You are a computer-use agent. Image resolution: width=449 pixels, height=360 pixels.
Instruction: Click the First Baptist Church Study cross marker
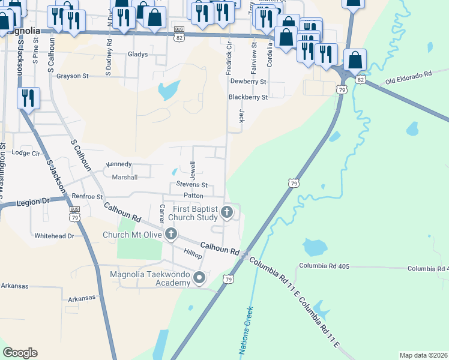tap(227, 212)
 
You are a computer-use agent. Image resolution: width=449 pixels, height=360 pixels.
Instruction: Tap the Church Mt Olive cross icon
tap(171, 234)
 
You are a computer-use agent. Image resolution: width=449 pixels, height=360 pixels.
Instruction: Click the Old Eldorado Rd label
tap(409, 76)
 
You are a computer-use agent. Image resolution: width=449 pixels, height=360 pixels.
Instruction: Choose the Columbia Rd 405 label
tap(324, 265)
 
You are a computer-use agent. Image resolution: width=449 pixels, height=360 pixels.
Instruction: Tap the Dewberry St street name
tap(248, 81)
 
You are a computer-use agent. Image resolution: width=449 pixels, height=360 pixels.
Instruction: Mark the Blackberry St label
tap(248, 97)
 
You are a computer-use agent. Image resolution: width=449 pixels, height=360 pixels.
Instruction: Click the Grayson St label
tap(73, 76)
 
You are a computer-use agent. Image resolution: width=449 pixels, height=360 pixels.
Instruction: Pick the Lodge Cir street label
tap(25, 153)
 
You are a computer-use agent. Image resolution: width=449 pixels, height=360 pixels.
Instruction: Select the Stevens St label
tap(191, 185)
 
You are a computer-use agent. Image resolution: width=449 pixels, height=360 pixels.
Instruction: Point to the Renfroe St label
tap(88, 196)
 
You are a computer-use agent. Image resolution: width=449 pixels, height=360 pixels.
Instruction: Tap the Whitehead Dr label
tap(54, 236)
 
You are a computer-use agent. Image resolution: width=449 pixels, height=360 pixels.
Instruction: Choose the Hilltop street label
tap(193, 254)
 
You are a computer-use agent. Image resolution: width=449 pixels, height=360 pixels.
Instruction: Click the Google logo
tap(19, 353)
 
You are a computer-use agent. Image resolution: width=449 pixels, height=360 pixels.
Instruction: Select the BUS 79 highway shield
tap(74, 214)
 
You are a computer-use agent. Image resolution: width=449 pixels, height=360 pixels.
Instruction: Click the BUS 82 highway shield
tap(178, 33)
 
